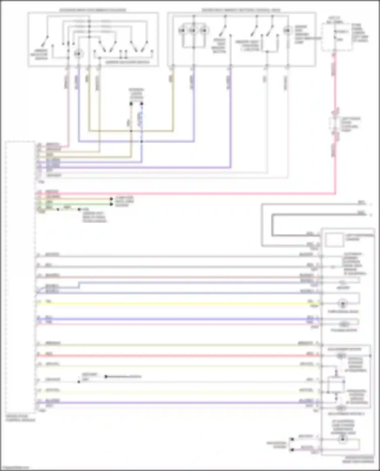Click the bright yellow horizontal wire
(x=177, y=303)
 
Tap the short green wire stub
(x=76, y=204)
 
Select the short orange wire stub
(x=76, y=199)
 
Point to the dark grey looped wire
(x=272, y=225)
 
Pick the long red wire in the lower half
(x=177, y=356)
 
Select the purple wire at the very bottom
(x=177, y=403)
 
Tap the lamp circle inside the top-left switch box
(x=79, y=54)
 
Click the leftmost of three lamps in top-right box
(x=182, y=31)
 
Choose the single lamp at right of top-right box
(x=287, y=31)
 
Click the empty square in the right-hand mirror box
(x=334, y=240)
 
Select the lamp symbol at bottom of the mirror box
(x=343, y=439)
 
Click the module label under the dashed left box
(x=20, y=418)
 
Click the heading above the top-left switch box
(x=93, y=10)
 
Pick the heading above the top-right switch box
(x=241, y=10)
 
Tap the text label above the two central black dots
(x=136, y=94)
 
